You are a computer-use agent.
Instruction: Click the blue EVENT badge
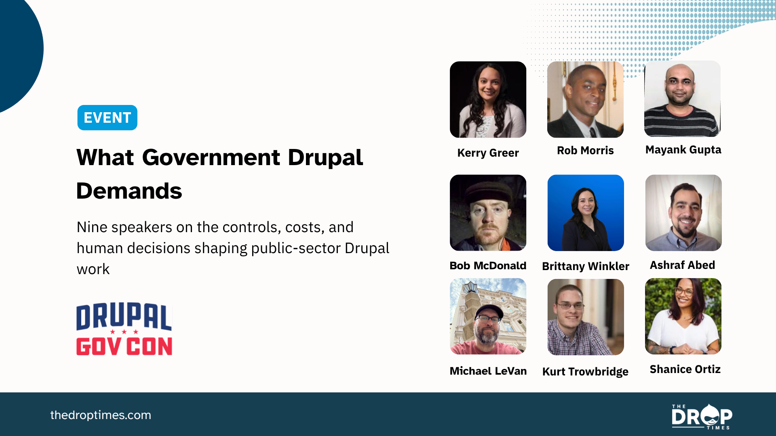(107, 117)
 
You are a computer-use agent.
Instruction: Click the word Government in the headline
(211, 157)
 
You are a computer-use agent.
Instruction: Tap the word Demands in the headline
(129, 191)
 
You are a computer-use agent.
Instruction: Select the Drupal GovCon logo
(124, 329)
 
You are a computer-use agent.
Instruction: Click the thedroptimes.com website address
(101, 415)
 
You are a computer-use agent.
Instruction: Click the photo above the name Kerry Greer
(488, 99)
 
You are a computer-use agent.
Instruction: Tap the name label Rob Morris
(585, 151)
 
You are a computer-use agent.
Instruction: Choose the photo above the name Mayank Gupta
(682, 99)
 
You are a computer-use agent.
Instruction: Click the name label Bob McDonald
(488, 266)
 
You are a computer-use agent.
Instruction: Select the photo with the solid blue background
(586, 213)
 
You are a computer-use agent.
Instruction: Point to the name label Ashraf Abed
(682, 265)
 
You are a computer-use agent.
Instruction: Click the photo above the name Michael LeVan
(488, 316)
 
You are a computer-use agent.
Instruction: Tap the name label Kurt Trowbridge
(585, 371)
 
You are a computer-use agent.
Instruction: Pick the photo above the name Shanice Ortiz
(683, 316)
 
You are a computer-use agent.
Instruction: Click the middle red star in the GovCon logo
(124, 332)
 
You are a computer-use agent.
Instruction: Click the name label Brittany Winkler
(586, 266)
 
